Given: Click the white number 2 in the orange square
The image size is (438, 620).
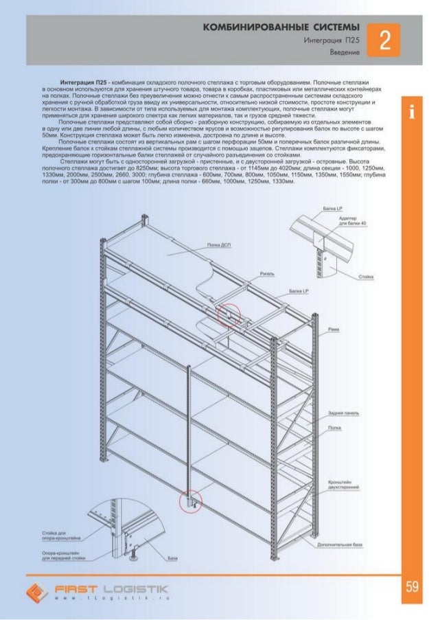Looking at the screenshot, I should [x=384, y=42].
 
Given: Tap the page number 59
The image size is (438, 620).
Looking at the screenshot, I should [x=412, y=586].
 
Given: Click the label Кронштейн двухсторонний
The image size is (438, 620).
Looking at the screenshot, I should [x=345, y=485].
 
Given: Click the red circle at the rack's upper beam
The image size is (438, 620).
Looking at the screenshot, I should [x=229, y=313].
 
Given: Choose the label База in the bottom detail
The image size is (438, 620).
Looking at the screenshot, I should [x=172, y=558].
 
